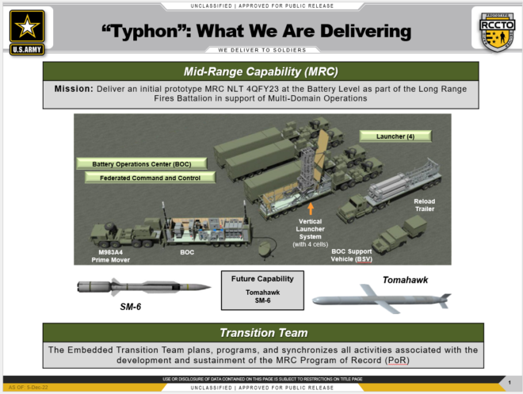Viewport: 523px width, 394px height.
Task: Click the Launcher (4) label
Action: point(397,136)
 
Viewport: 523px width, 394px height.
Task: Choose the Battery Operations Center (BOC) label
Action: point(141,163)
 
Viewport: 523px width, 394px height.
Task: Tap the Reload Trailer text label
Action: point(424,205)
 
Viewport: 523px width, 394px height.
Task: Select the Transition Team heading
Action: point(261,333)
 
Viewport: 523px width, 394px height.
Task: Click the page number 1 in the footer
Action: point(507,383)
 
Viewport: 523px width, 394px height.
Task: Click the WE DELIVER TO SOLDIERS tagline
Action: point(261,49)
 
